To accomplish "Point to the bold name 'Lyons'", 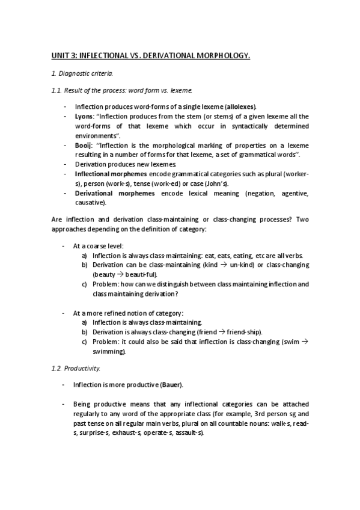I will [83, 116].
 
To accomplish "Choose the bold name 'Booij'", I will [83, 145].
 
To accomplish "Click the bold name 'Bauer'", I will [171, 384].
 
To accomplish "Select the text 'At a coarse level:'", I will [98, 246].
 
